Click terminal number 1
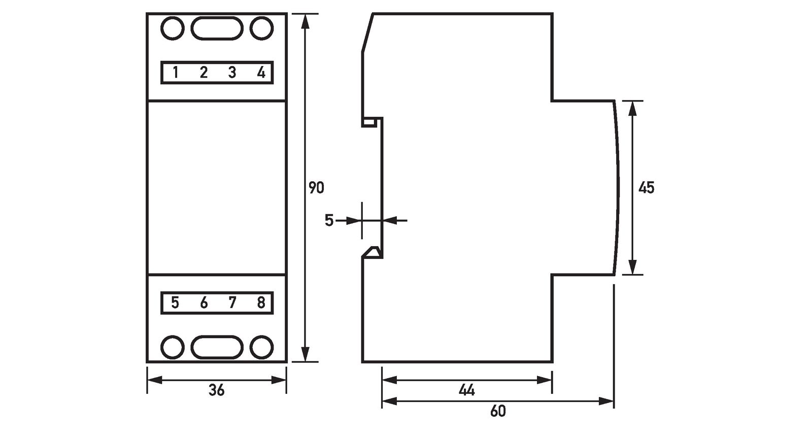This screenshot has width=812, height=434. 176,73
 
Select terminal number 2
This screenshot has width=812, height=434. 204,73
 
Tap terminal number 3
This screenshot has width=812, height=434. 232,73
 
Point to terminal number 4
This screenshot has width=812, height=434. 261,73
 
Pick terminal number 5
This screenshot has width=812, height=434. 175,303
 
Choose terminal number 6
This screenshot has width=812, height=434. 204,303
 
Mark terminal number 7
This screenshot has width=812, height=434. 232,303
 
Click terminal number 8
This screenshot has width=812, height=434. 261,303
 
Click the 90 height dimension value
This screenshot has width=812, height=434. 316,188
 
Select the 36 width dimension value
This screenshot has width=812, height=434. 217,390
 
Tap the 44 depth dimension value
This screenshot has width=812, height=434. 466,390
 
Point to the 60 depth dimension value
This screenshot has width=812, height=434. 498,411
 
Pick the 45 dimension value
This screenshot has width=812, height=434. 647,188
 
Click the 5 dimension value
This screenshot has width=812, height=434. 329,221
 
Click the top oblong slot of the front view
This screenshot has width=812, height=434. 217,28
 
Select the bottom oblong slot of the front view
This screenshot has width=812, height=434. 217,347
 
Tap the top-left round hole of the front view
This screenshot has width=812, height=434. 172,28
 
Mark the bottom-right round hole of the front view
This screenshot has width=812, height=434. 262,347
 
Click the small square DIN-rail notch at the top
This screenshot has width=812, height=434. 369,122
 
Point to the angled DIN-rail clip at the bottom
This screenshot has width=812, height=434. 371,252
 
